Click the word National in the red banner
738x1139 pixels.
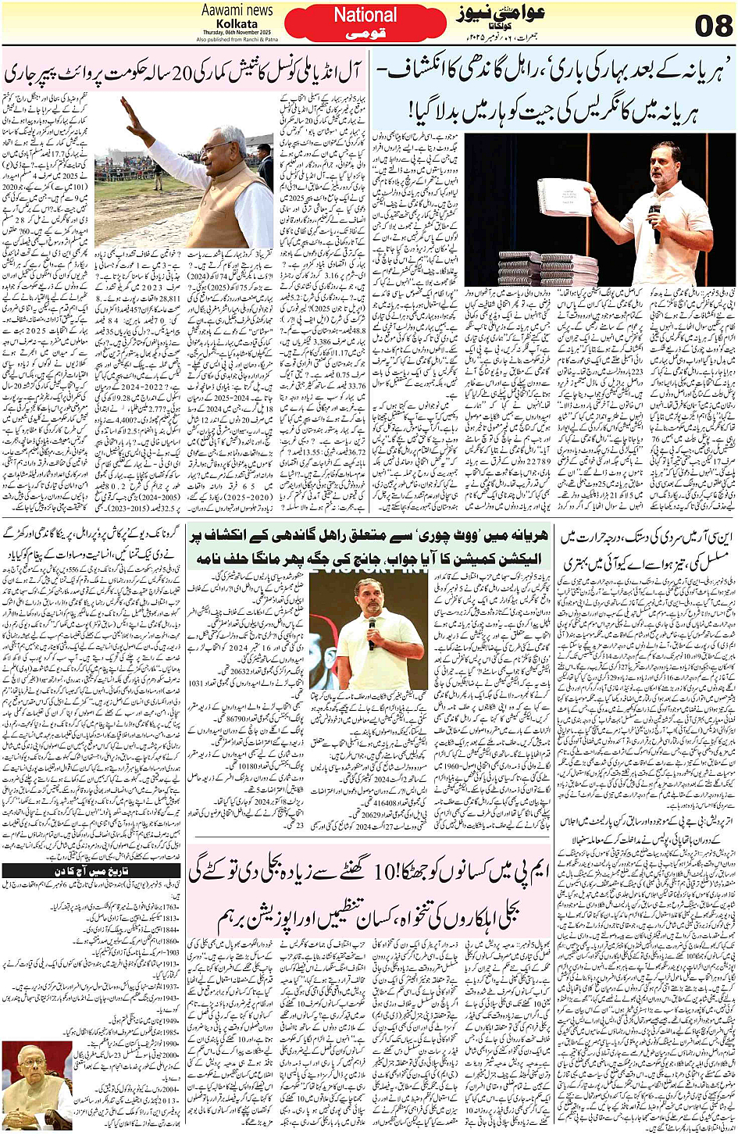(365, 15)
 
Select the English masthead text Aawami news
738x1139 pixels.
(237, 10)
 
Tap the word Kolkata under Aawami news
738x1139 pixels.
(237, 23)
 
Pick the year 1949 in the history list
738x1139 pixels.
(170, 1020)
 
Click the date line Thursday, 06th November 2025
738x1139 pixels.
(237, 32)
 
